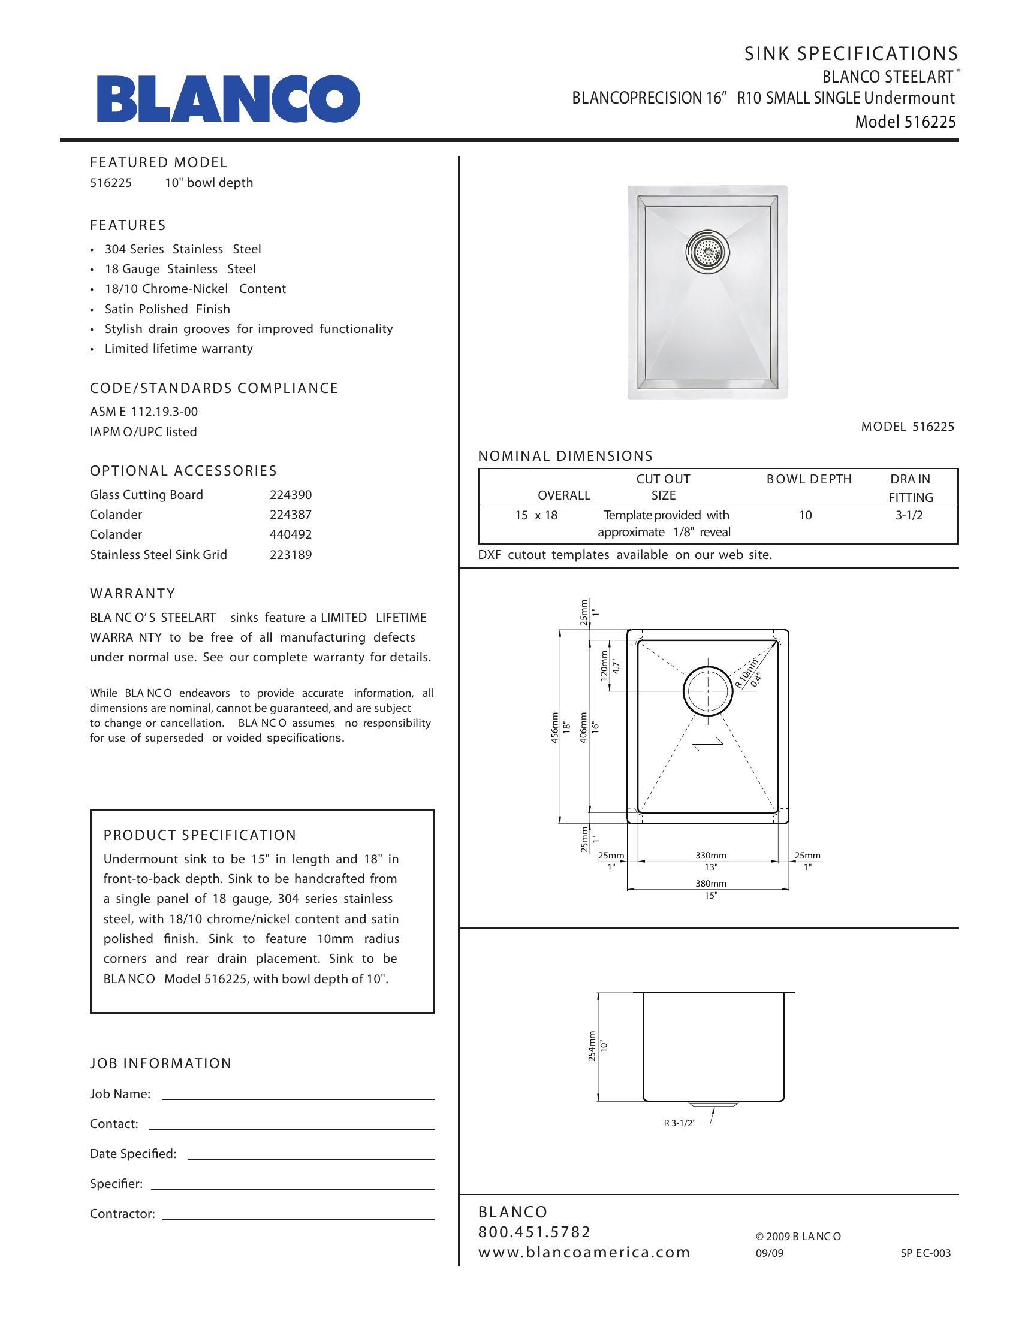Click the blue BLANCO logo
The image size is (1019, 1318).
click(228, 98)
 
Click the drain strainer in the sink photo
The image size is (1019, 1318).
click(708, 252)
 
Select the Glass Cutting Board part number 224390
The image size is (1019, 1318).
click(290, 495)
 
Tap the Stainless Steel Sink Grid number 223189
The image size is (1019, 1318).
click(290, 555)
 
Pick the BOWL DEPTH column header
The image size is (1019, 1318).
click(809, 479)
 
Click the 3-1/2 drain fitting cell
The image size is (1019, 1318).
click(909, 515)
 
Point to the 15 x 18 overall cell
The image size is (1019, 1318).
click(536, 515)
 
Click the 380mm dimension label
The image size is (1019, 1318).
click(710, 884)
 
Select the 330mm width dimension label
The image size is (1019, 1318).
click(710, 855)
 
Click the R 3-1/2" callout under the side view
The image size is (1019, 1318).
click(680, 1123)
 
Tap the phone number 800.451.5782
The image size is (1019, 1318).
click(534, 1232)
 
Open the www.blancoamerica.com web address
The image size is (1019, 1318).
click(584, 1252)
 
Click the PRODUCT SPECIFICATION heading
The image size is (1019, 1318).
click(200, 835)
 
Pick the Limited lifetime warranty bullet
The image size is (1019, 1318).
click(179, 349)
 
